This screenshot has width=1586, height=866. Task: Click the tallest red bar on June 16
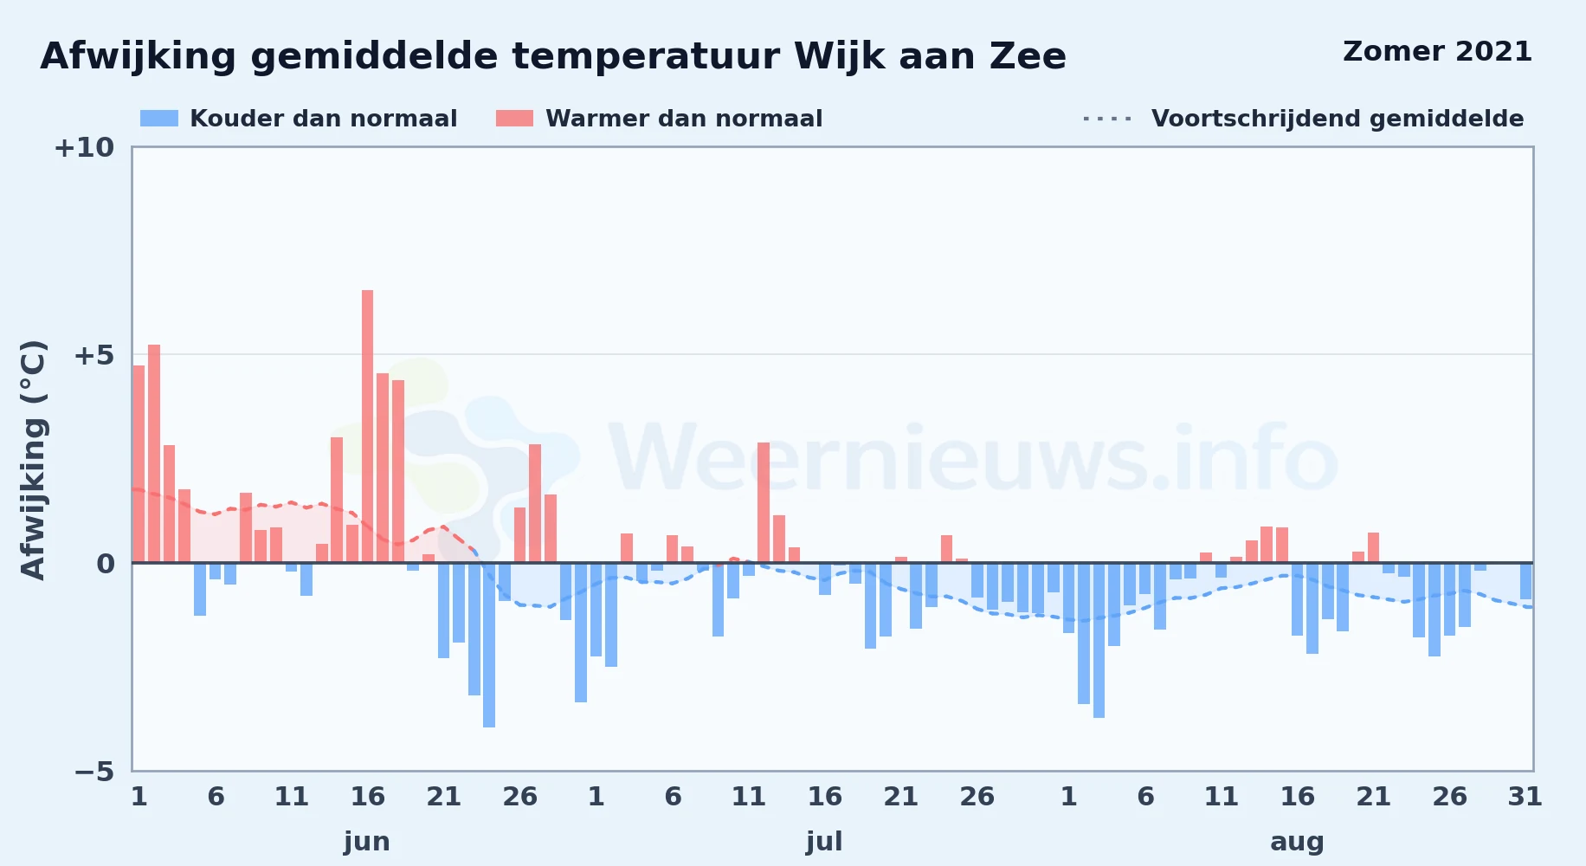[x=367, y=426]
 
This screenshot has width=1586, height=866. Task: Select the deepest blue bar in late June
[x=489, y=645]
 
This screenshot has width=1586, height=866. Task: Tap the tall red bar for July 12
[x=764, y=502]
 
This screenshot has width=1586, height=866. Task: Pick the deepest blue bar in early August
[x=1099, y=641]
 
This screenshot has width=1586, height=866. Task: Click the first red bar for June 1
[x=139, y=464]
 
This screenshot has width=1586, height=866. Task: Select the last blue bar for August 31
[x=1525, y=581]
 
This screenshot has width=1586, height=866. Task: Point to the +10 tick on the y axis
[x=84, y=147]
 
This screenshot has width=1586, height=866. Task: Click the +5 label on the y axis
[x=93, y=355]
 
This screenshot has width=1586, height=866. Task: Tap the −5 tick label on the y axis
[x=94, y=772]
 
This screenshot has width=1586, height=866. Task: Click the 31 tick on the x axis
[x=1525, y=797]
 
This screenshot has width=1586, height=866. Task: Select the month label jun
[x=367, y=842]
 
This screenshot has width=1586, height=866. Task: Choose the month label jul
[x=824, y=842]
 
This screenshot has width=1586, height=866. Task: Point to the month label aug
[x=1297, y=842]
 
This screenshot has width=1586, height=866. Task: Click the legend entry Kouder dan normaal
[x=299, y=119]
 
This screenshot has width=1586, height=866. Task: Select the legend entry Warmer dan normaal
[x=659, y=119]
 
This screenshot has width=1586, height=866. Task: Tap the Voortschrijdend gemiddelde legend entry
[x=1303, y=119]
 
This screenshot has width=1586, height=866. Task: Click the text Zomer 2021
[x=1437, y=52]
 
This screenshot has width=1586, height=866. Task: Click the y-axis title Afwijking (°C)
[x=33, y=459]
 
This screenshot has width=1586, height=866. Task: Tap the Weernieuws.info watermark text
[x=974, y=458]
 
